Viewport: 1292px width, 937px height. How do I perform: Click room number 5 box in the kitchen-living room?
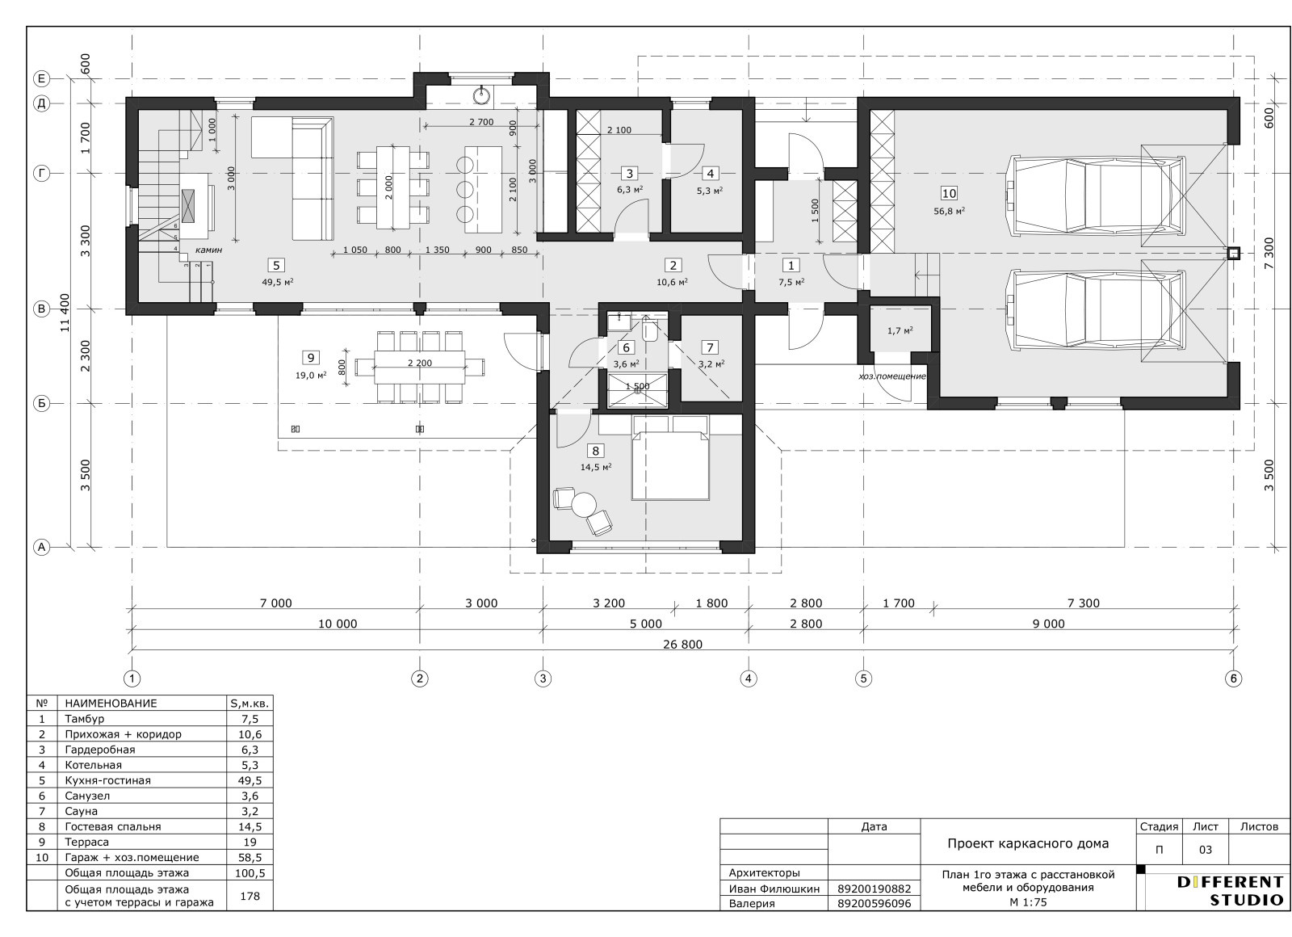click(276, 266)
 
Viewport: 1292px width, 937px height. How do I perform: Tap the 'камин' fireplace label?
click(208, 250)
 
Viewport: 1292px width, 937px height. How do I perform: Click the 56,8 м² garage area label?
click(950, 211)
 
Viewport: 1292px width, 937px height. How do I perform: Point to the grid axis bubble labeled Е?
click(41, 78)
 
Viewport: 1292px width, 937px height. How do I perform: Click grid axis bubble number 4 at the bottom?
click(748, 679)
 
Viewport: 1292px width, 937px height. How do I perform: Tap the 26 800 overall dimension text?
click(683, 644)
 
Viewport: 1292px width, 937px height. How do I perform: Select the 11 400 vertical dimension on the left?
click(65, 313)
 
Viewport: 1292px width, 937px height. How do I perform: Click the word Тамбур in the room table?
click(85, 719)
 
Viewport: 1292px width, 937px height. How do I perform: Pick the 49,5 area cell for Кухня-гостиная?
click(250, 780)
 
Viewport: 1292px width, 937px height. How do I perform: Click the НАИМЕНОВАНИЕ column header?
click(111, 704)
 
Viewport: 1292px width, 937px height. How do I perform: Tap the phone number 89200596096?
click(875, 904)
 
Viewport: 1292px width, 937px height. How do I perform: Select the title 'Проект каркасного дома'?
click(1028, 843)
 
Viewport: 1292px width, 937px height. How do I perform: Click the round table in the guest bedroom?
click(584, 505)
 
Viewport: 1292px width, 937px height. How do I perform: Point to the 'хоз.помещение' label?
click(892, 376)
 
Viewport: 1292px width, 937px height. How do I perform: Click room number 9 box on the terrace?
click(311, 358)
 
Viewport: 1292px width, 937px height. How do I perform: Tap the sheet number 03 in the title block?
click(1205, 850)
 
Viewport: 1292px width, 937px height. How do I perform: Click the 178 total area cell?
click(250, 896)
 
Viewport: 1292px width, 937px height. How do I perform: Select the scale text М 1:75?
click(1028, 902)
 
